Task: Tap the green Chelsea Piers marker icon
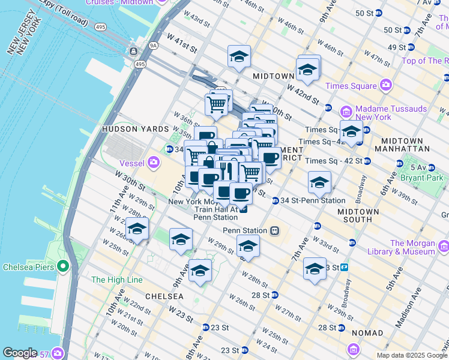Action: click(x=62, y=266)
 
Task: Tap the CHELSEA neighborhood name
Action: click(x=164, y=296)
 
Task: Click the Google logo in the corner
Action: click(x=20, y=353)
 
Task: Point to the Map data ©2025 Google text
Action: click(x=411, y=355)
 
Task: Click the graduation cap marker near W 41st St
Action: click(x=239, y=57)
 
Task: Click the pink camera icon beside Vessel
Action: click(x=154, y=161)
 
